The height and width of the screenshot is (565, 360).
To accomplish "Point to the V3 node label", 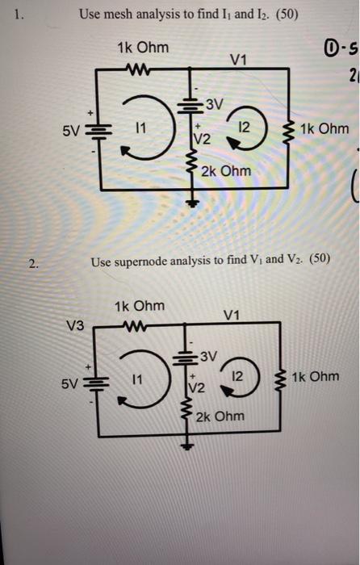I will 74,324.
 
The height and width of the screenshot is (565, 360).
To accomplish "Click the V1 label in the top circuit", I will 240,58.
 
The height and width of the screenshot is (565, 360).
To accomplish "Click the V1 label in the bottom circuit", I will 232,316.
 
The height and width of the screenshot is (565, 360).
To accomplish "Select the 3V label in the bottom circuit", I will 208,355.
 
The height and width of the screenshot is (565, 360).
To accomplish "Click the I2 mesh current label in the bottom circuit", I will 235,377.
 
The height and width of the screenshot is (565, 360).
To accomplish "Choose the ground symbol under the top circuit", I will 192,203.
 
